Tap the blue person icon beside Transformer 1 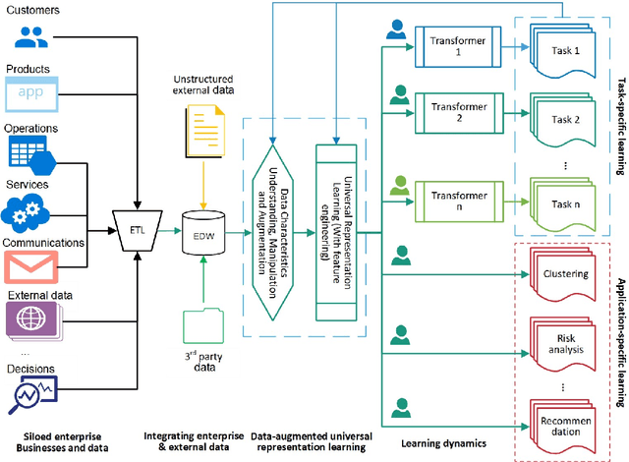pyautogui.click(x=396, y=30)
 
